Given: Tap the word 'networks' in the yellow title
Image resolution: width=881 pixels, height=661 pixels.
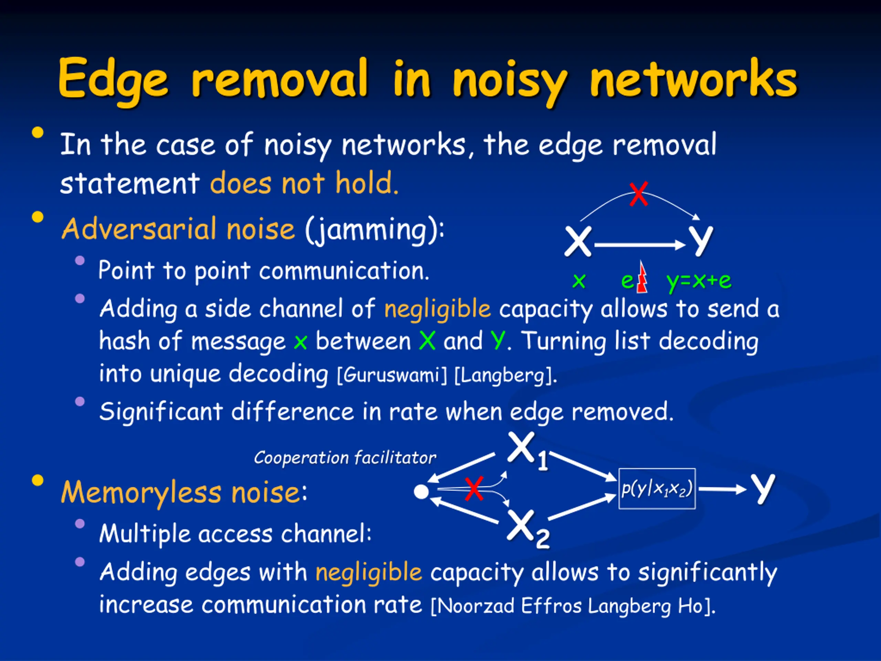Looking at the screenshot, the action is click(694, 78).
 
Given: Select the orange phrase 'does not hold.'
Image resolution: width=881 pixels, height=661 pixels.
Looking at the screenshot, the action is click(304, 182).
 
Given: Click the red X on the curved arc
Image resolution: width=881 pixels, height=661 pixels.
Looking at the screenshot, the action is click(638, 194).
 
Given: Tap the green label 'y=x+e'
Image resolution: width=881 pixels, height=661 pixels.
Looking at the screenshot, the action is click(699, 281).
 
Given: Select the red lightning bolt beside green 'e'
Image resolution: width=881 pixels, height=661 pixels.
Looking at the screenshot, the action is click(641, 276).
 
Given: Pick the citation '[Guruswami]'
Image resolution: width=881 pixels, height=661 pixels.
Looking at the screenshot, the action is click(392, 375).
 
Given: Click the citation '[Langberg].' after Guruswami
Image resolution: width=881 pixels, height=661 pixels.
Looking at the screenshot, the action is click(506, 375).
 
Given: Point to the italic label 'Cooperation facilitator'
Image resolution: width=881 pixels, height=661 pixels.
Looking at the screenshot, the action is click(345, 458).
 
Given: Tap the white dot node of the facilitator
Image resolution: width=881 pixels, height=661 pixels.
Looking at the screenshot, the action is click(421, 492).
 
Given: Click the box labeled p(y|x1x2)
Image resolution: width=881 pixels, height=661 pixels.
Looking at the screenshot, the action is click(657, 489).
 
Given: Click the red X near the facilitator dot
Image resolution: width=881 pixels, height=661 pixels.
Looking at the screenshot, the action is click(474, 489).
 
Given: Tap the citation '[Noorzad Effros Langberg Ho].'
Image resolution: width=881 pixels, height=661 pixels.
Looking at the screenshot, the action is click(574, 606).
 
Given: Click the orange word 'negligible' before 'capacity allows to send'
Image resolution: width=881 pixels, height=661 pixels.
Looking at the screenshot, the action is click(437, 309).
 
